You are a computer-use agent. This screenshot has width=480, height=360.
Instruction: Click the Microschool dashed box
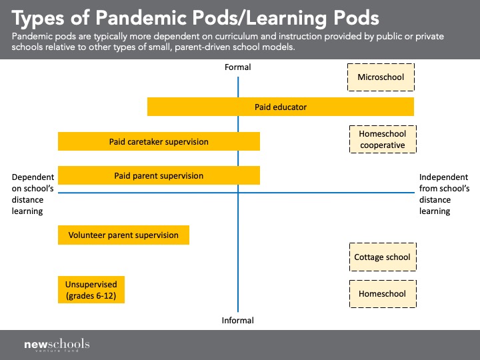coord(381,77)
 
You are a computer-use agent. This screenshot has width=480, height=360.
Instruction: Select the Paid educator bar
coord(281,107)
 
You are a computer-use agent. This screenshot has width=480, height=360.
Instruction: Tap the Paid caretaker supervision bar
coord(159,141)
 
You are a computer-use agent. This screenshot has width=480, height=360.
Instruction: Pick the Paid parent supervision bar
coord(159,175)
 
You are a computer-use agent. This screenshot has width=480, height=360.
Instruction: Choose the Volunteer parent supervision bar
coord(123,235)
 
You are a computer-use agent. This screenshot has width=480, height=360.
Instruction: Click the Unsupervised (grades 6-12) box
coord(91,289)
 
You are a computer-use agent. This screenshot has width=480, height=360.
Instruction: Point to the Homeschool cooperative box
coord(383,139)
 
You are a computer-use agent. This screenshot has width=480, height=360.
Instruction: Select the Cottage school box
coord(383,257)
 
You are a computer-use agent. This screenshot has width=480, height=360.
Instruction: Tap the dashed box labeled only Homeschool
coord(383,294)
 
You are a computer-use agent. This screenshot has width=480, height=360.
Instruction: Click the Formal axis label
coord(237,67)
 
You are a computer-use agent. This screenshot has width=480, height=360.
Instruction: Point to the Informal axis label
coord(237,320)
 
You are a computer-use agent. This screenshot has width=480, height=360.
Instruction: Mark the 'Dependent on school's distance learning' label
coord(33,194)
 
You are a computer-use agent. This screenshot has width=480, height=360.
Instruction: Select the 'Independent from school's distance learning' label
coord(444,194)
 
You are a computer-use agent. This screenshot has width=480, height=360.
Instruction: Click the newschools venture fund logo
coord(57,345)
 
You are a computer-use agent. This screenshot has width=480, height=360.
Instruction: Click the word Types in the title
coord(38,19)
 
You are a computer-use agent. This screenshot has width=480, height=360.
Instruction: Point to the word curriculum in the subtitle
coord(237,37)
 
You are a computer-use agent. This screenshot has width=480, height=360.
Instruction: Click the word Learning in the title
coord(287,19)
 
